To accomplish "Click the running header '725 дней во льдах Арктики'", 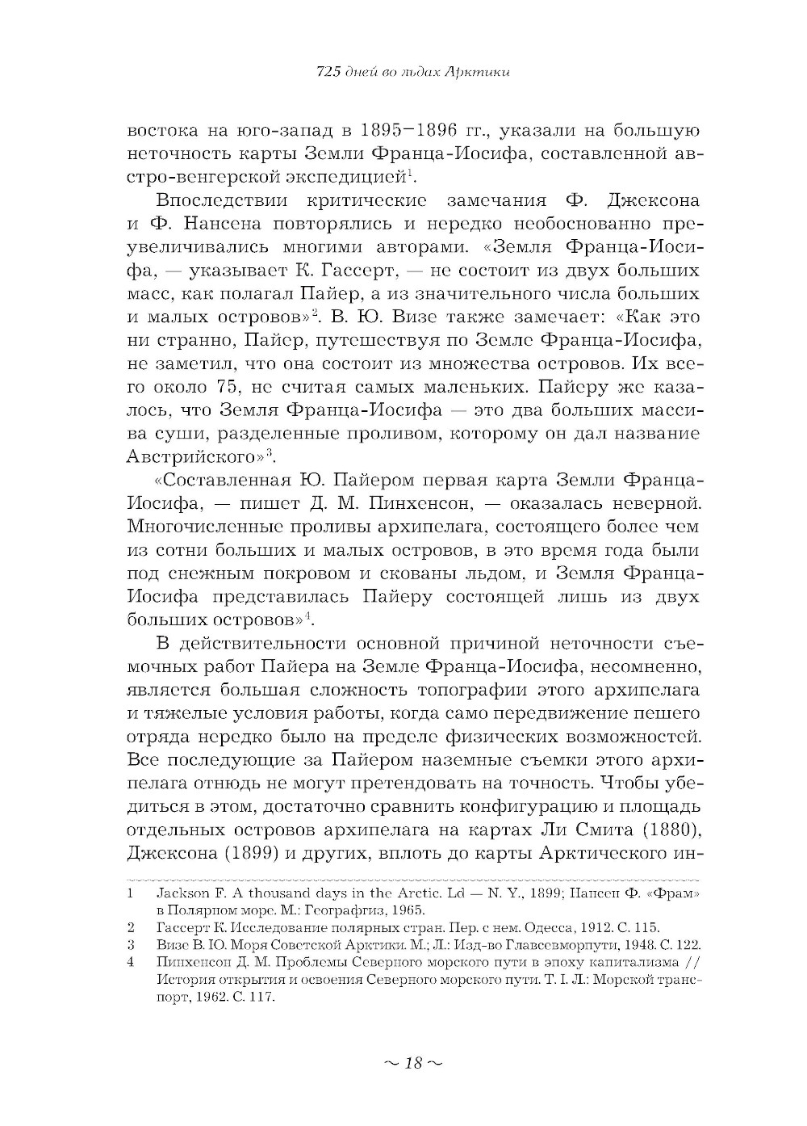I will (412, 73).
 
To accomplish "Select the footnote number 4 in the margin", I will (131, 963).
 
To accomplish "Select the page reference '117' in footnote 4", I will (261, 997).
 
